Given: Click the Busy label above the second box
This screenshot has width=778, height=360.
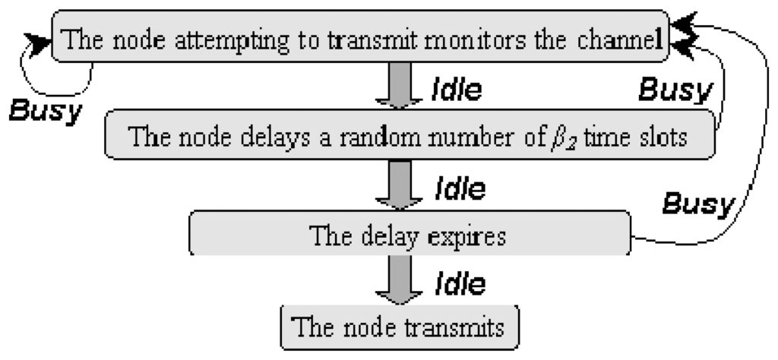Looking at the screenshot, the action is pos(674,92).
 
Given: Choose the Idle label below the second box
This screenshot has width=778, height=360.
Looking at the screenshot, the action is pos(458,188).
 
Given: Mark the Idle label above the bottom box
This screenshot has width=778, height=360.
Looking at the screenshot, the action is pos(460,284).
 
